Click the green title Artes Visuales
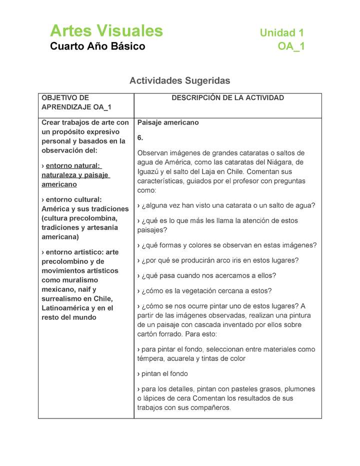pyautogui.click(x=106, y=31)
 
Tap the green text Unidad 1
pyautogui.click(x=281, y=33)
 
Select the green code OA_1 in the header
pyautogui.click(x=291, y=46)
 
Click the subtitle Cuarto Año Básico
pyautogui.click(x=97, y=46)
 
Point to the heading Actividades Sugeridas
pyautogui.click(x=180, y=80)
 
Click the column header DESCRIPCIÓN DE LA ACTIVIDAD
pyautogui.click(x=227, y=98)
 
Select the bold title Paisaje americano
pyautogui.click(x=168, y=122)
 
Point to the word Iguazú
pyautogui.click(x=149, y=171)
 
